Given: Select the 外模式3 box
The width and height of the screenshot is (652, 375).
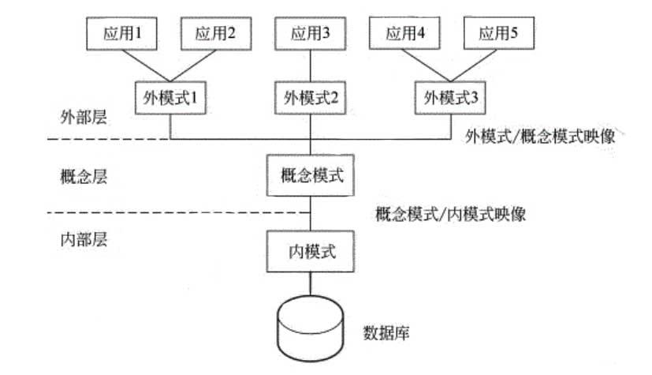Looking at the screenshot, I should click(453, 99).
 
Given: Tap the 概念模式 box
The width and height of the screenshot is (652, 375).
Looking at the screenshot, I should click(311, 175).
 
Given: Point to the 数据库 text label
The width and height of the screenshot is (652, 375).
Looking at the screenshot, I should click(384, 331).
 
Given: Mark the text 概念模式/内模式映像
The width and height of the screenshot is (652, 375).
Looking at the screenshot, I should click(452, 213).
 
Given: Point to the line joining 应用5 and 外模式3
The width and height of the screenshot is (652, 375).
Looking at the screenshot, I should click(478, 63).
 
